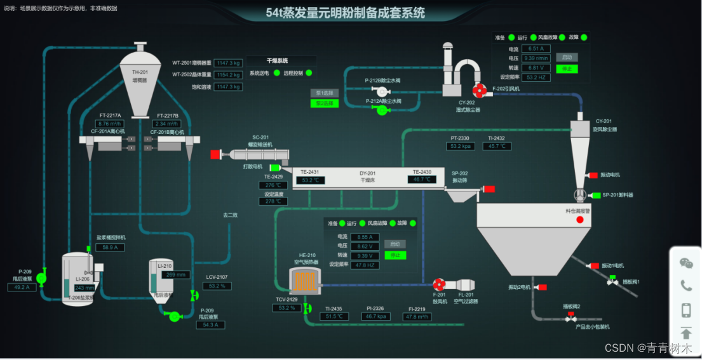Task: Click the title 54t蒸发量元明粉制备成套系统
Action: (345, 13)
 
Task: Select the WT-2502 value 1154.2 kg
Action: (228, 74)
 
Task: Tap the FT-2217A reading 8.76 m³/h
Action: (110, 124)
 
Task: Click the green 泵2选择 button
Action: (324, 103)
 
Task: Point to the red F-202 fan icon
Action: (480, 91)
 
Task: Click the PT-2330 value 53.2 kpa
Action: (461, 146)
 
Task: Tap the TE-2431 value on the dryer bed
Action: (311, 180)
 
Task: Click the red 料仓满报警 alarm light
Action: (579, 220)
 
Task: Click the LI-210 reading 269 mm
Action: (176, 275)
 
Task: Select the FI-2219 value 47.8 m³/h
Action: (418, 316)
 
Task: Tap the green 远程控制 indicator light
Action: (309, 73)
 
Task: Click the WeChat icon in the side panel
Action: (686, 263)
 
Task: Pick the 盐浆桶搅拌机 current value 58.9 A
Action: (109, 247)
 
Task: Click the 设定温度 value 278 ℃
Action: (273, 201)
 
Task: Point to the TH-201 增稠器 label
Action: (140, 76)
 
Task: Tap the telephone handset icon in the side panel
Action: (686, 286)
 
